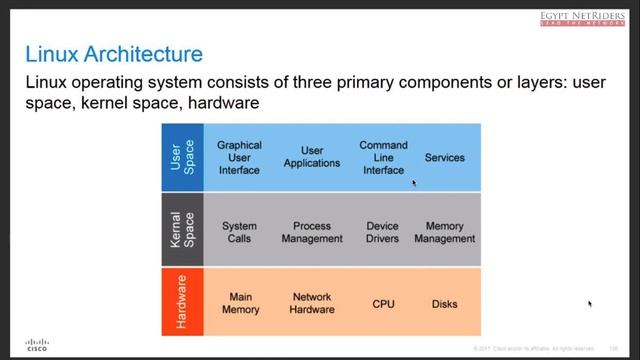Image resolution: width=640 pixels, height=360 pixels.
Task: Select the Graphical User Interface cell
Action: [x=239, y=158]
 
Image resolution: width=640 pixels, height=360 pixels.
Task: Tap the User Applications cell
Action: [x=311, y=158]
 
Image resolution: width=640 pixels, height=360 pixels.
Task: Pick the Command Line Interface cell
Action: [x=383, y=158]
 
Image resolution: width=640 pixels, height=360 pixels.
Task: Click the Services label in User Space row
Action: [x=445, y=158]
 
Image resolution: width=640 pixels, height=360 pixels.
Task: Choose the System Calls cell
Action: [x=239, y=233]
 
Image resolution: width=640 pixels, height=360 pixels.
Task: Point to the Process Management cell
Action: [x=311, y=233]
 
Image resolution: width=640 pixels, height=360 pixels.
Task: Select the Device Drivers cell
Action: [x=383, y=233]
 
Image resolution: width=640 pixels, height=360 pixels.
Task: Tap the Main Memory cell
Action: [x=239, y=303]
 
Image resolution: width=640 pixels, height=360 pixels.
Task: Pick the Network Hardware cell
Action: [x=311, y=303]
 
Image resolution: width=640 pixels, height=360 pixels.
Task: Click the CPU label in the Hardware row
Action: [x=383, y=304]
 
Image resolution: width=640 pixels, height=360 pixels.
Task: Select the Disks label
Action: [x=445, y=304]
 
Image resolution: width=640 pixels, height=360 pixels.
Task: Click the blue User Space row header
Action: [x=182, y=158]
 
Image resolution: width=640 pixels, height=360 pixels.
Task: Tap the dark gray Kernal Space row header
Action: [x=182, y=230]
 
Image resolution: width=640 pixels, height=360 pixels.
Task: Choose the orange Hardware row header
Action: [x=182, y=303]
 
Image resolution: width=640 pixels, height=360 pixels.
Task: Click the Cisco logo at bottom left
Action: [x=36, y=343]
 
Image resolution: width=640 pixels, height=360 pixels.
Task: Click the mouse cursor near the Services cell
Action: [x=414, y=183]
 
